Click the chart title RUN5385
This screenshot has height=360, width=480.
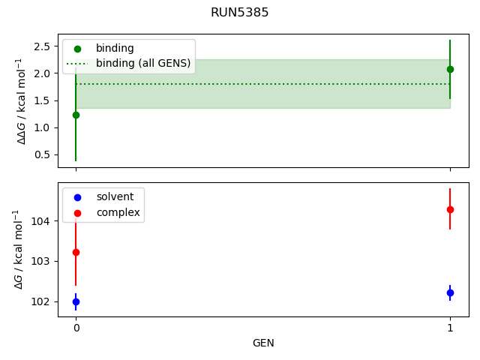coord(240,12)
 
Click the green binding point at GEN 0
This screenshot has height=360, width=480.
coord(76,115)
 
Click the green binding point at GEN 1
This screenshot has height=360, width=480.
coord(450,69)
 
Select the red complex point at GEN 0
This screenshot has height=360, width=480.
coord(76,253)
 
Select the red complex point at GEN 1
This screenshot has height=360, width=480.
coord(450,209)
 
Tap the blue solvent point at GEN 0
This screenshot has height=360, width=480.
coord(76,301)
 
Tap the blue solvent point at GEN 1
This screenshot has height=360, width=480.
coord(450,292)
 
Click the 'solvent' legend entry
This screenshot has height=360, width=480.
coord(115,196)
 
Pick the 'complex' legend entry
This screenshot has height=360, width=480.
coord(118,213)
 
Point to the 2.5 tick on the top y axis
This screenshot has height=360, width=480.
coord(43,46)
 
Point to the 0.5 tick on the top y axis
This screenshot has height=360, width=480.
coord(43,154)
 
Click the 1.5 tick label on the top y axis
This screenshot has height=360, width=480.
coord(43,100)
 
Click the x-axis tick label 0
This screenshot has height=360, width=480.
coord(76,328)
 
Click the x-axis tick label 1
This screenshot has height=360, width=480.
coord(450,328)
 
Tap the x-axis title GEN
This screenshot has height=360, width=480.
coord(263,343)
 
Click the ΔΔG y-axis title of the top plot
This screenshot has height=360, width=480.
coord(22,101)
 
